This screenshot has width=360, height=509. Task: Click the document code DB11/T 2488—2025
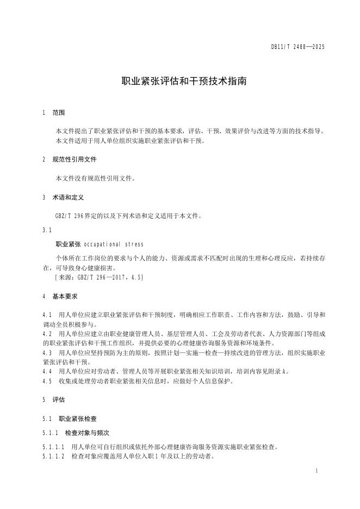click(297, 48)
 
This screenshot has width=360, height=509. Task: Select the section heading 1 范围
click(53, 113)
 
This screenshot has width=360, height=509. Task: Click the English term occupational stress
click(114, 244)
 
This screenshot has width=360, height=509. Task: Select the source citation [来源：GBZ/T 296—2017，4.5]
click(100, 277)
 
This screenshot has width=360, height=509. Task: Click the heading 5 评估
click(53, 399)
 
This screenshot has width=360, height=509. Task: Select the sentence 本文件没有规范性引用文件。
click(95, 178)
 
